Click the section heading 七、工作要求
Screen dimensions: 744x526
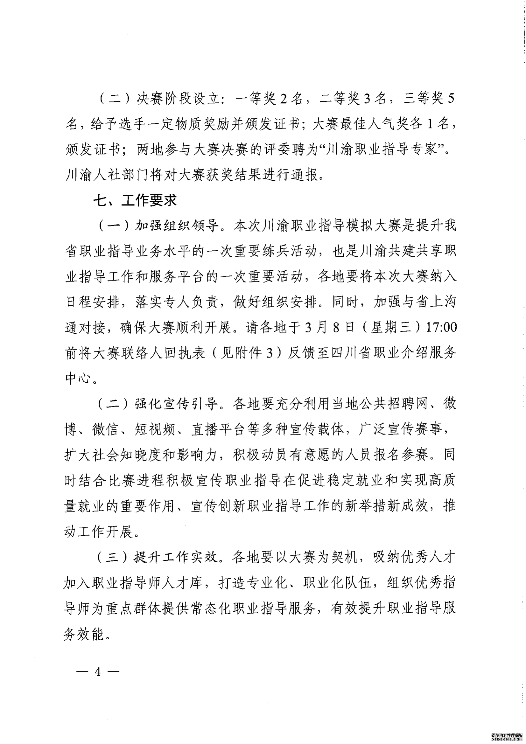(x=135, y=201)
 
